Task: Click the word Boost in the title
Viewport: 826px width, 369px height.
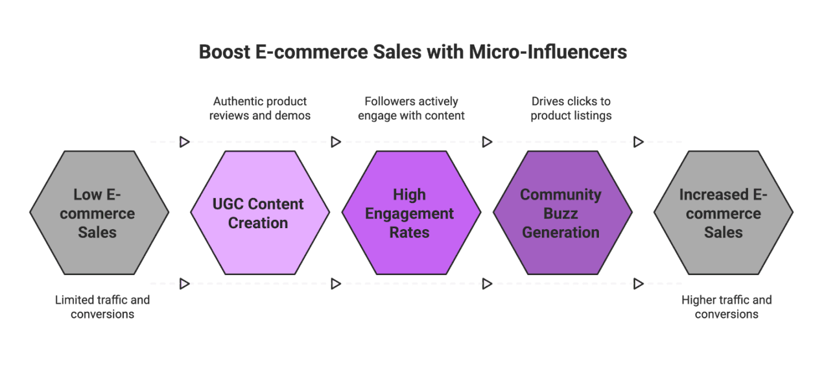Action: click(224, 52)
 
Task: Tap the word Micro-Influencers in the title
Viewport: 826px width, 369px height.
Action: click(548, 52)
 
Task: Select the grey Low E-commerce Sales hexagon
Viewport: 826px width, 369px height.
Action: click(99, 213)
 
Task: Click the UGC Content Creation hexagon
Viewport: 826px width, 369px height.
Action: click(259, 213)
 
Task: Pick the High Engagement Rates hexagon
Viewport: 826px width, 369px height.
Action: click(410, 213)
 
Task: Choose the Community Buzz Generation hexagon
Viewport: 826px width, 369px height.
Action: click(562, 213)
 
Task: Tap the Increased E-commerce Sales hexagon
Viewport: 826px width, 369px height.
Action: click(723, 213)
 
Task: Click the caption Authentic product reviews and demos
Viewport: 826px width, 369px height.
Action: click(260, 108)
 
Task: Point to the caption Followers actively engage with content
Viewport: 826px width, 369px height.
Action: click(411, 108)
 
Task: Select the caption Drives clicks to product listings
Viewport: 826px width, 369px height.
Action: click(571, 108)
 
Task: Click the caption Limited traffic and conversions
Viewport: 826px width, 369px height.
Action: click(102, 307)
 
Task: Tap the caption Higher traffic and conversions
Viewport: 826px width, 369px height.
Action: click(726, 307)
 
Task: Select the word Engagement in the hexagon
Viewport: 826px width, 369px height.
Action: click(410, 214)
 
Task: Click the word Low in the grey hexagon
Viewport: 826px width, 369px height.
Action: click(87, 195)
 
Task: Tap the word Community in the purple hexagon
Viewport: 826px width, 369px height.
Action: click(560, 195)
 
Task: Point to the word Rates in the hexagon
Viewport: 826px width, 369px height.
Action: click(410, 233)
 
